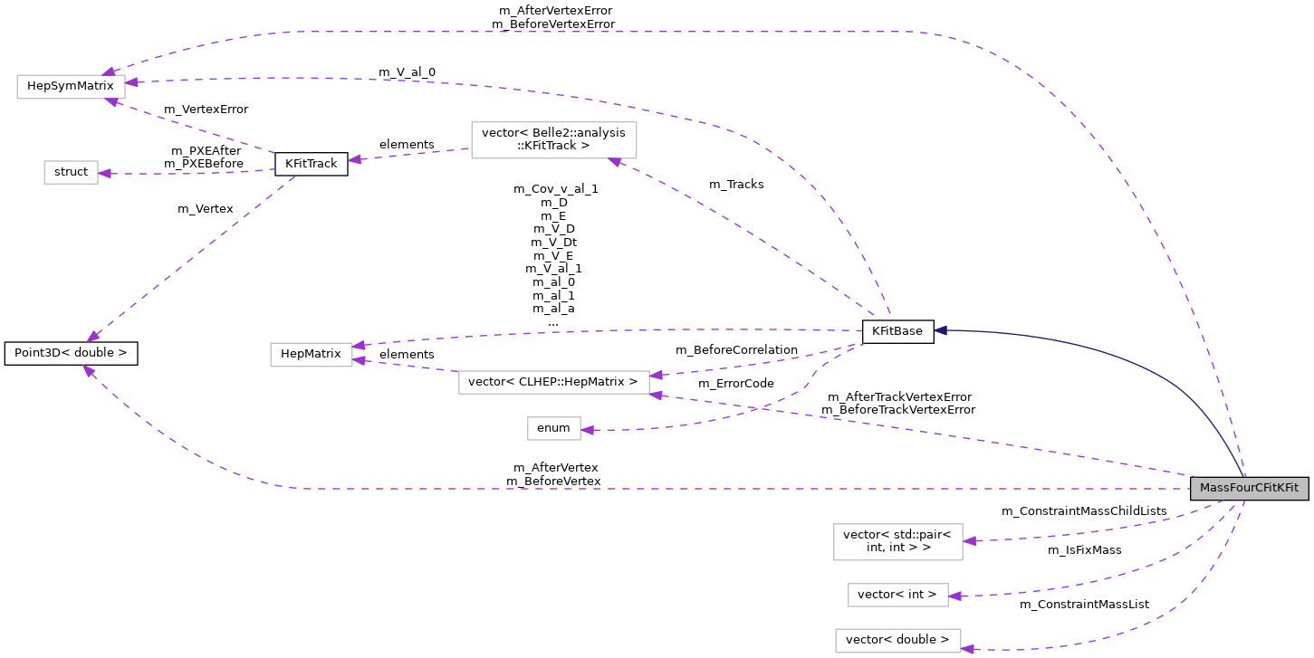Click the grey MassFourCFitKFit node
coord(1249,489)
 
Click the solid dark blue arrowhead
coord(941,330)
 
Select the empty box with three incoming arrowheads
coord(71,87)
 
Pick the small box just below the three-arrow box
coord(71,172)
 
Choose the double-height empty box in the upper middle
coord(553,140)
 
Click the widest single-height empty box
coord(553,382)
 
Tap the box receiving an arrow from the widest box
coord(311,355)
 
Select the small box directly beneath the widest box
coord(553,428)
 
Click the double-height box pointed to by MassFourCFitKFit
coord(897,542)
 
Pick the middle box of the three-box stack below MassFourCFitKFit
coord(897,595)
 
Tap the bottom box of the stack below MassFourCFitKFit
coord(897,641)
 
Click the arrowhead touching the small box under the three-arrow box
coord(105,173)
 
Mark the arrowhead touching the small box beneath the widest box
coord(588,431)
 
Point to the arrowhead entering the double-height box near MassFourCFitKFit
coord(970,541)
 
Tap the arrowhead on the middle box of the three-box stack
coord(955,596)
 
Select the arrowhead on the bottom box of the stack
coord(968,649)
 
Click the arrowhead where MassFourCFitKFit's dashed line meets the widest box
coord(657,395)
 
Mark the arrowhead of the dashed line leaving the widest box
coord(360,360)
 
